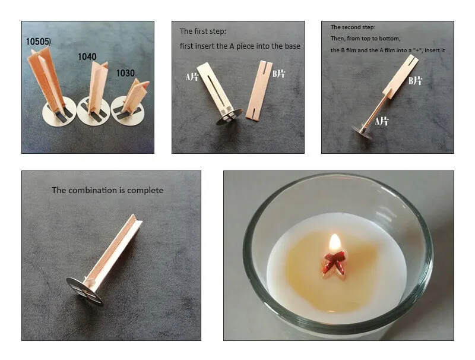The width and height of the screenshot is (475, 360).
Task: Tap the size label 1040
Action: (x=87, y=56)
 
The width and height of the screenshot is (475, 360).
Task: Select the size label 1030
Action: (x=125, y=73)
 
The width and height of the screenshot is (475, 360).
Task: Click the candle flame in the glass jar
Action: (x=335, y=242)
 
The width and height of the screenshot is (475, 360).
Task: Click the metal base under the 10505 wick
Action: (x=59, y=112)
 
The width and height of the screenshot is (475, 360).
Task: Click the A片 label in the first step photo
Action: (x=192, y=77)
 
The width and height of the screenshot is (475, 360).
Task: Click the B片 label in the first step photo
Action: (x=278, y=74)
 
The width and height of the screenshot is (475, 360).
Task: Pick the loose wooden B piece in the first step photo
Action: (x=259, y=91)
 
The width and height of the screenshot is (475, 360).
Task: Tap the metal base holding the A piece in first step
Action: (x=229, y=116)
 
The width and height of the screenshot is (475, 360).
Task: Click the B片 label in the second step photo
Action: (x=415, y=81)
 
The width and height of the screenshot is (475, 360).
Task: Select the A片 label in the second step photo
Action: (x=382, y=122)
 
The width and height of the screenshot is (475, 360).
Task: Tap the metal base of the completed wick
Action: (x=84, y=291)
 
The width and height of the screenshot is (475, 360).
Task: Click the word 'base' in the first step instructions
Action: (x=292, y=46)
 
